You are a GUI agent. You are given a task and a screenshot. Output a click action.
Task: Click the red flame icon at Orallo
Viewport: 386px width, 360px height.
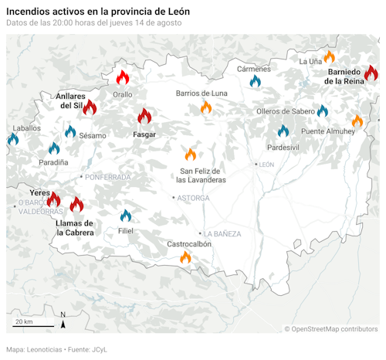click(x=122, y=77)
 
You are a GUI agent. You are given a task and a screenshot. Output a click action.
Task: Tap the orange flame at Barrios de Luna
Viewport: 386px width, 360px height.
click(x=206, y=108)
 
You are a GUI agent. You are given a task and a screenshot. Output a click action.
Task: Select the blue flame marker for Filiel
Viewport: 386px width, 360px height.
click(x=125, y=216)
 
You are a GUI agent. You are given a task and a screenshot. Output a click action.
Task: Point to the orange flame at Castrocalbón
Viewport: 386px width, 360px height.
click(x=185, y=257)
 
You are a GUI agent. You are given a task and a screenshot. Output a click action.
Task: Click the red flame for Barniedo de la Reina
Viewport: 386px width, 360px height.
click(x=371, y=73)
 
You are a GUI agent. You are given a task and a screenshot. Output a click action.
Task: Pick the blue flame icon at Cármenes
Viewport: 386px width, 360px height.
click(x=256, y=80)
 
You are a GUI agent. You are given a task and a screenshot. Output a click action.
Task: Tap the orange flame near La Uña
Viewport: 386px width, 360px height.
click(x=329, y=57)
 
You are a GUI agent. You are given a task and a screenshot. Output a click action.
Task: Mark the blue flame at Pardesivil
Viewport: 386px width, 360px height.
click(x=283, y=131)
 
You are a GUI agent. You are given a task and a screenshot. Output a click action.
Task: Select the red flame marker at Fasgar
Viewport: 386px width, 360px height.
click(x=144, y=117)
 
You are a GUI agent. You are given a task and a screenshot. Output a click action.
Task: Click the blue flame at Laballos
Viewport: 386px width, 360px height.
click(x=12, y=139)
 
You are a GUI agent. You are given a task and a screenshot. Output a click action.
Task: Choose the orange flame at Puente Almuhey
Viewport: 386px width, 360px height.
click(x=357, y=121)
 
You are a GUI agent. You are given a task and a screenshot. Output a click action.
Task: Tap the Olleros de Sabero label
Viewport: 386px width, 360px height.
click(x=285, y=111)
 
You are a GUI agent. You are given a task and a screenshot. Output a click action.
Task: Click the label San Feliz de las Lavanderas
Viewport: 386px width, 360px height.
click(x=201, y=175)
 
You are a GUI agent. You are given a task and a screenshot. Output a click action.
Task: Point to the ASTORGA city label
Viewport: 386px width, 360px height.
click(x=193, y=198)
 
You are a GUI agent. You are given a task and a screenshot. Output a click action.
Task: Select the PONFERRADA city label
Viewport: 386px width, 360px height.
click(x=107, y=177)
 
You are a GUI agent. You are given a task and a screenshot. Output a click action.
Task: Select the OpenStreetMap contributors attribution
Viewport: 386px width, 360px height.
click(x=330, y=329)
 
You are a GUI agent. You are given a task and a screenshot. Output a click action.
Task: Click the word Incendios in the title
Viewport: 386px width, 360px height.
click(x=29, y=12)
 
